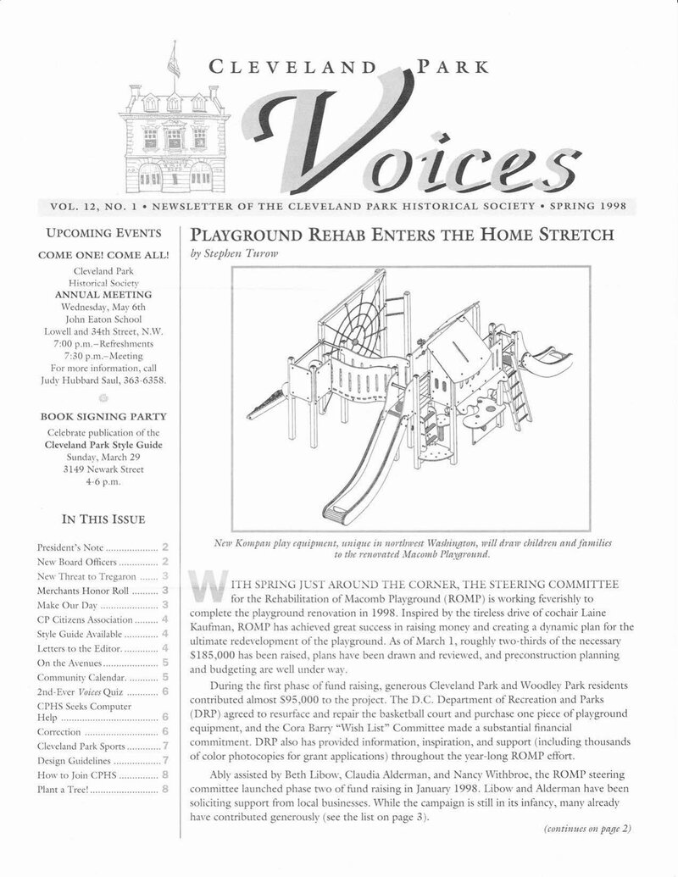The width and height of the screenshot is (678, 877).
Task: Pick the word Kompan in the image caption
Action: (x=266, y=540)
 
